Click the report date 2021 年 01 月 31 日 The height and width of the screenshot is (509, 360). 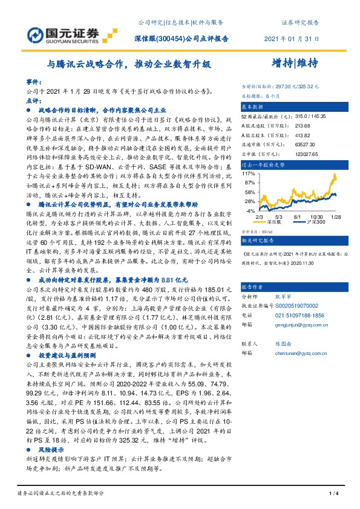click(x=291, y=38)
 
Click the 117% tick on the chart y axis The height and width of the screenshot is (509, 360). click(x=247, y=173)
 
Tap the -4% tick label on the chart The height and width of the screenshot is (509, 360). click(x=248, y=212)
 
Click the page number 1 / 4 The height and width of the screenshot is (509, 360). click(x=332, y=494)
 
